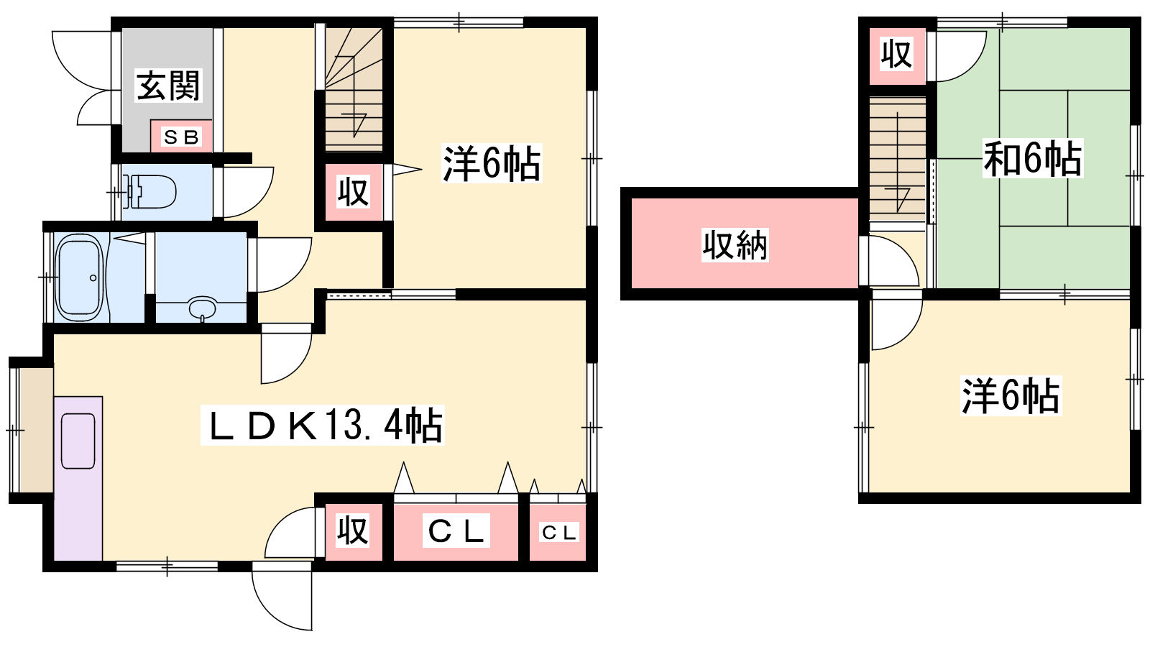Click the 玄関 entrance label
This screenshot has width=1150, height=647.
(168, 86)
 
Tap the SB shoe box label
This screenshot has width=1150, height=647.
(181, 137)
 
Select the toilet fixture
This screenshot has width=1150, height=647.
(150, 192)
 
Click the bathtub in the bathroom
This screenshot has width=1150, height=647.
(79, 277)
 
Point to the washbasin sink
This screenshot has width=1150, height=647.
(203, 308)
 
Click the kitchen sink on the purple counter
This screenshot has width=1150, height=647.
(78, 441)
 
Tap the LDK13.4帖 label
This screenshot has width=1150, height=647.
(323, 425)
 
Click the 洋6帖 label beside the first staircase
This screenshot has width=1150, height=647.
(492, 163)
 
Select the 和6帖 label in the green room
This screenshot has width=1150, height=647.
(1032, 158)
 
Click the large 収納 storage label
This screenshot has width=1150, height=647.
(735, 245)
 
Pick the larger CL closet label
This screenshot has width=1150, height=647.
(456, 531)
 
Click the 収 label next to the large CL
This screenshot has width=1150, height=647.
(353, 531)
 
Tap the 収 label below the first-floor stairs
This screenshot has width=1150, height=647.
(353, 192)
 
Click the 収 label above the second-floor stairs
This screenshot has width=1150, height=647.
(896, 54)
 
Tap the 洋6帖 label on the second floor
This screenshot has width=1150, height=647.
(1011, 396)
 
